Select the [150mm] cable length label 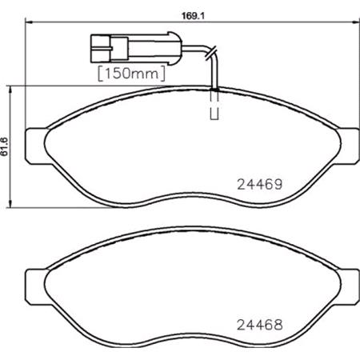130,74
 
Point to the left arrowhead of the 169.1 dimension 30,24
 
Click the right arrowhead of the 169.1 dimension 331,24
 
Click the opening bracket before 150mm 100,74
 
